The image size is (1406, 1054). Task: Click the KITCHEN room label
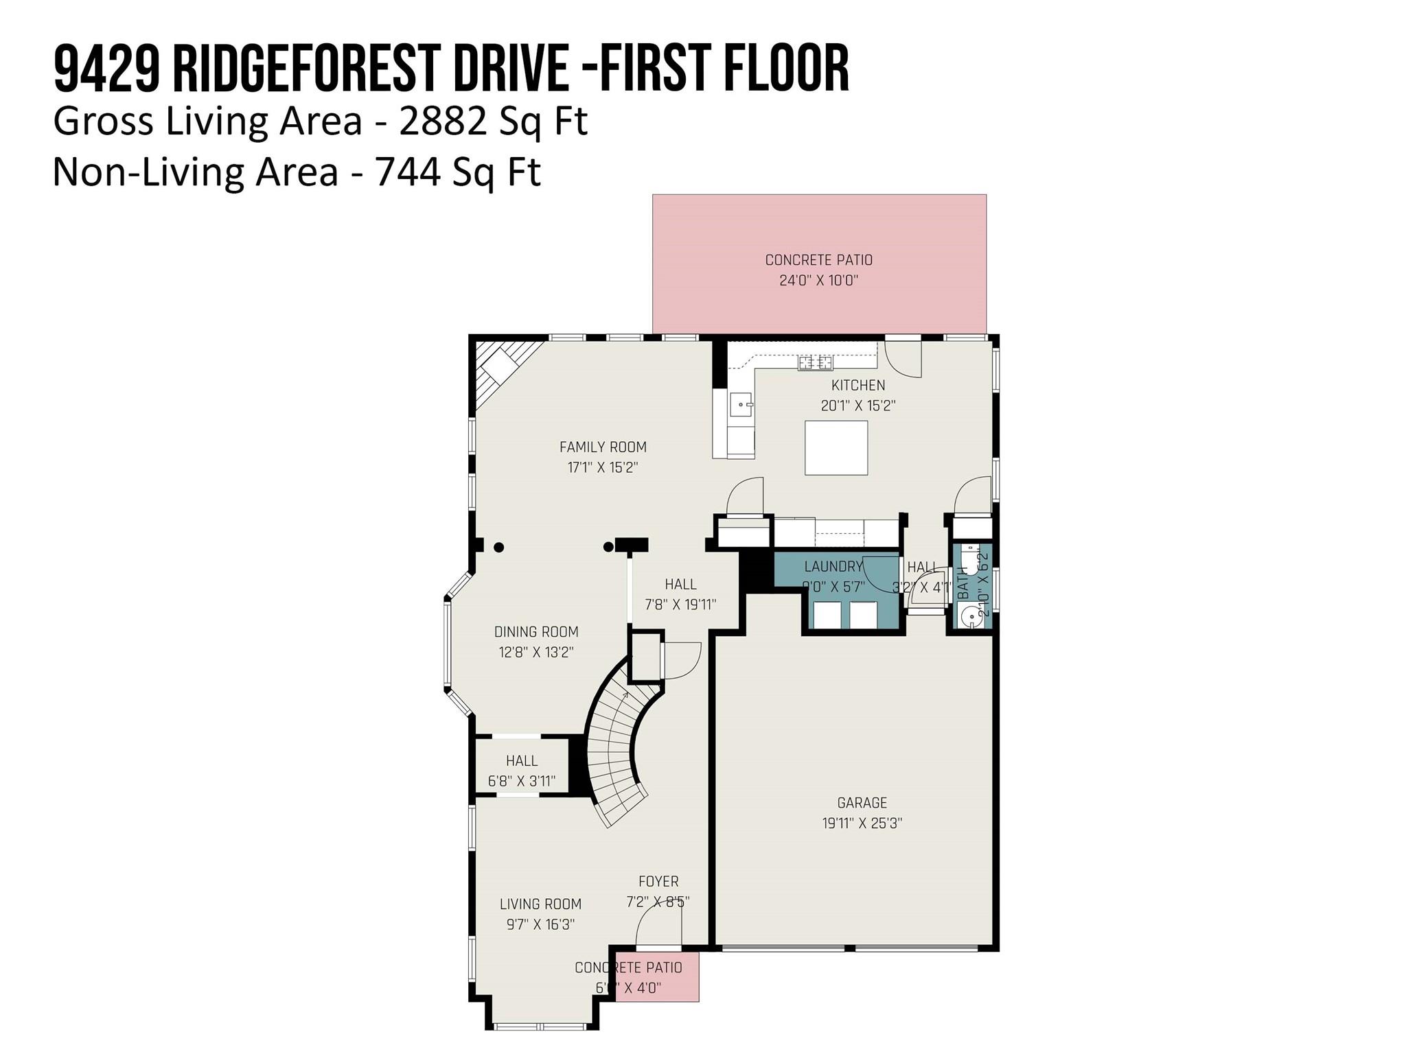(x=858, y=385)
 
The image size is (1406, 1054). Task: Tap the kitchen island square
(x=836, y=447)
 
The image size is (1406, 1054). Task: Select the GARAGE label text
(x=862, y=802)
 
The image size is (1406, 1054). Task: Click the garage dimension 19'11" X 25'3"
(x=862, y=823)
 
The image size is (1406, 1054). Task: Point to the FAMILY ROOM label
(x=603, y=447)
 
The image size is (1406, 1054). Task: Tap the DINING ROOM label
(x=536, y=631)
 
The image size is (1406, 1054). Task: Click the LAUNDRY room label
(x=833, y=566)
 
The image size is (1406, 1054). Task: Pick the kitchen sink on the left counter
(x=741, y=405)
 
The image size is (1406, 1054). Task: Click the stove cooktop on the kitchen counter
(x=815, y=362)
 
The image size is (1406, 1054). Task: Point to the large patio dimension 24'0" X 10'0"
(x=819, y=281)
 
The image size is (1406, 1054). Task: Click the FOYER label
(x=658, y=881)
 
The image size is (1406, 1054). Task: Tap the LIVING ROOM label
(x=540, y=904)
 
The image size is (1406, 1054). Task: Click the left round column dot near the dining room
(x=499, y=547)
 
